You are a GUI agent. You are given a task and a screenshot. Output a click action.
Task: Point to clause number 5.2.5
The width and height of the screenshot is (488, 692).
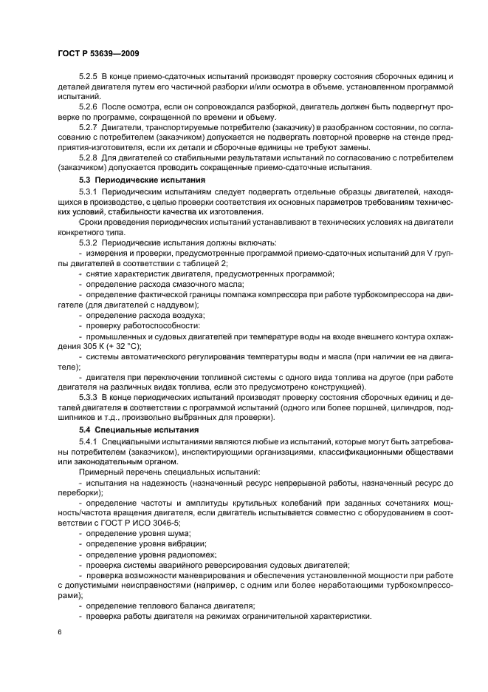[89, 78]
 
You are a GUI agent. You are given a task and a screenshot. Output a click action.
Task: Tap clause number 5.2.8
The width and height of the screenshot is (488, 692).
[89, 157]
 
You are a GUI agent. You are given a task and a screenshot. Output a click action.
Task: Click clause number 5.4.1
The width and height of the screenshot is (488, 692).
[89, 441]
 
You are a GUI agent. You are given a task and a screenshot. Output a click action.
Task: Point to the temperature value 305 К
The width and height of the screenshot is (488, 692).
[91, 347]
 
